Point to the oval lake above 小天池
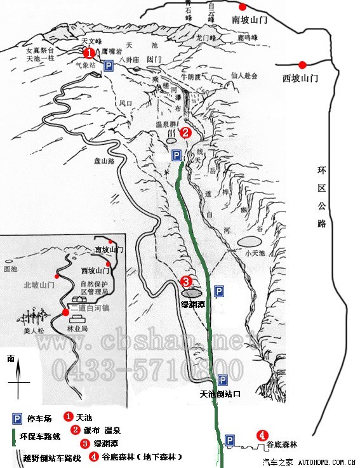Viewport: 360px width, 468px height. tap(249, 241)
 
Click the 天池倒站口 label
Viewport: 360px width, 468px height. tap(220, 394)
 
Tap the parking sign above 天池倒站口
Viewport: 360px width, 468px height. tap(222, 380)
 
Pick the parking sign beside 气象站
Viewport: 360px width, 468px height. tap(109, 66)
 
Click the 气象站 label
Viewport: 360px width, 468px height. tap(85, 65)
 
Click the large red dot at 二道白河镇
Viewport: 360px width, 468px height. tap(65, 312)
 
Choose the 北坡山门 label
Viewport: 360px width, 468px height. tap(39, 285)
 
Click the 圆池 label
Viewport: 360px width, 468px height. tap(10, 269)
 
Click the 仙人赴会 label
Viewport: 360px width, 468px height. tap(244, 76)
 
